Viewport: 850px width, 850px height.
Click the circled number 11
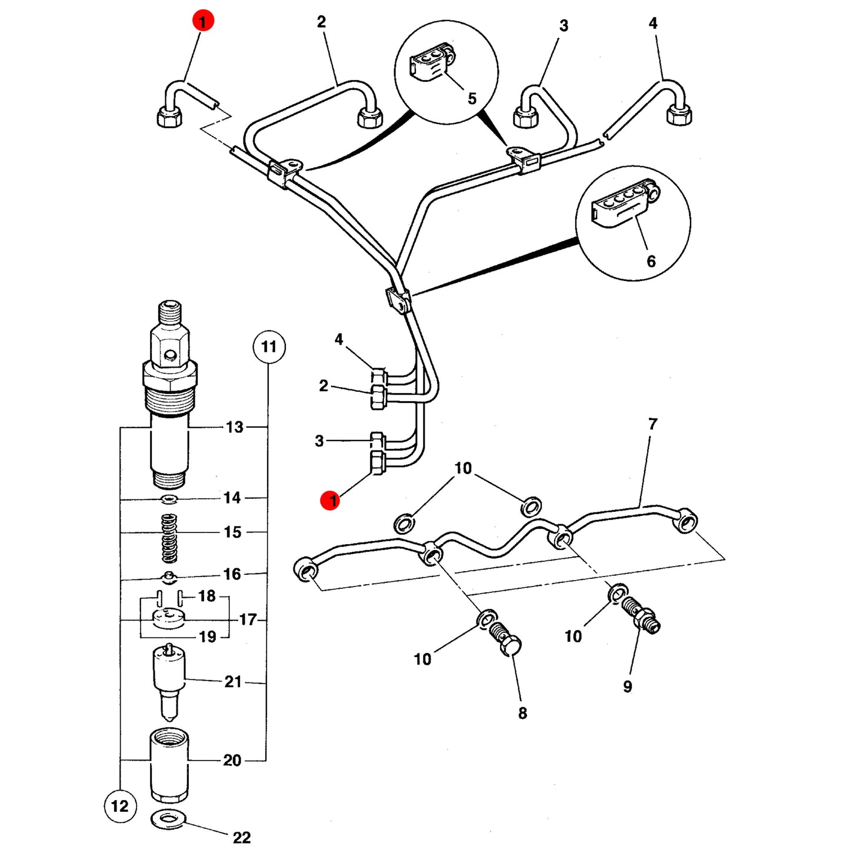(269, 347)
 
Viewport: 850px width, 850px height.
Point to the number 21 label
(233, 682)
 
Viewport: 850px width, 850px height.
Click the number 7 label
(653, 424)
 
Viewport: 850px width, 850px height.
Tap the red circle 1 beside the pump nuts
(331, 501)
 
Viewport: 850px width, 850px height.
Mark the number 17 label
(248, 620)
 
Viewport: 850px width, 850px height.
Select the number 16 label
(232, 574)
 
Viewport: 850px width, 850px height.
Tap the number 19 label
(207, 637)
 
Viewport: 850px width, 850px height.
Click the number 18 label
(206, 596)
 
